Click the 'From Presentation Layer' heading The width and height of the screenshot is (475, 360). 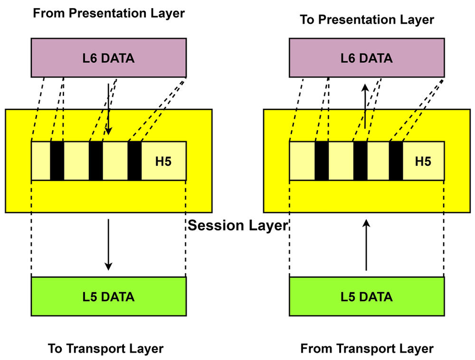click(108, 13)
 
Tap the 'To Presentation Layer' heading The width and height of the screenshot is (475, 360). click(367, 19)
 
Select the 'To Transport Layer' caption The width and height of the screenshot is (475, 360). click(106, 349)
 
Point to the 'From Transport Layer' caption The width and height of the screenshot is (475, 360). click(367, 349)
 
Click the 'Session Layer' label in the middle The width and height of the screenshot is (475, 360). click(237, 225)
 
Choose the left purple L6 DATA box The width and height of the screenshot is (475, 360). click(108, 58)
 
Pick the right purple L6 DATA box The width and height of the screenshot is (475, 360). click(367, 58)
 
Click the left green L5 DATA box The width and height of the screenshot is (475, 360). click(108, 297)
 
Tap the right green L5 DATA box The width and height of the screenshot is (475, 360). click(367, 297)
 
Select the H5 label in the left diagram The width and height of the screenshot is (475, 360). click(163, 161)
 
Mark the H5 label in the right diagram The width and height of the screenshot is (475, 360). click(423, 161)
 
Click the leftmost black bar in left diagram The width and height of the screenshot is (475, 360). click(57, 161)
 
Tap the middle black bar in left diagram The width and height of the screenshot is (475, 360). click(95, 161)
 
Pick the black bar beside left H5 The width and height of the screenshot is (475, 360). click(134, 161)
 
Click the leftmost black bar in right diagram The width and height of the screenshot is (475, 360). click(322, 161)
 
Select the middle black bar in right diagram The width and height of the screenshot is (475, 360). click(360, 161)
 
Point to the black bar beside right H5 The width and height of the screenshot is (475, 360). click(396, 161)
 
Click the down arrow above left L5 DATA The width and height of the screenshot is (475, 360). click(108, 245)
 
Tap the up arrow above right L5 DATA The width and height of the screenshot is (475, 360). click(366, 245)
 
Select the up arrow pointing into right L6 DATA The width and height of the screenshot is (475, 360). click(365, 107)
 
